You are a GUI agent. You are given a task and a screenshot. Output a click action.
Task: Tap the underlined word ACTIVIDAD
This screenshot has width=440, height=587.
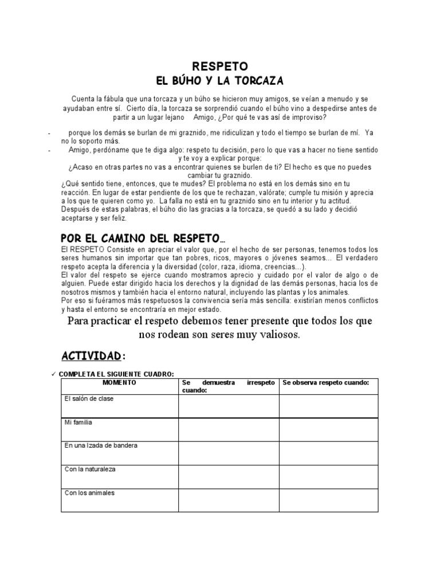[91, 356]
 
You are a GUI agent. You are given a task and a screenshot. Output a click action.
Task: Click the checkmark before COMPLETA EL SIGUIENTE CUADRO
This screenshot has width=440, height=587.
[53, 374]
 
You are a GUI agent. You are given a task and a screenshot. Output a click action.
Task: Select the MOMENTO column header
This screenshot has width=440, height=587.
[120, 382]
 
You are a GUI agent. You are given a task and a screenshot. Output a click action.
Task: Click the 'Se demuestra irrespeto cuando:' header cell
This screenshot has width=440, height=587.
[229, 386]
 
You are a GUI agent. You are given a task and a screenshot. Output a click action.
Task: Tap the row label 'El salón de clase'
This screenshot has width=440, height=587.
[89, 399]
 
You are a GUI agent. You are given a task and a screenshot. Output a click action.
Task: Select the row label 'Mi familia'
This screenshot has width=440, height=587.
[78, 422]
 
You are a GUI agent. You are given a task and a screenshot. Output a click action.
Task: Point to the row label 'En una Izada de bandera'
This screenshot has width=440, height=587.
[101, 445]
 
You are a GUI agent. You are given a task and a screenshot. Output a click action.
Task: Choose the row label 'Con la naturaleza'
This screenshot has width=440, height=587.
[90, 469]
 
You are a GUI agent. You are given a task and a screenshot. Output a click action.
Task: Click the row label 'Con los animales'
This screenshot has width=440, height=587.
[89, 492]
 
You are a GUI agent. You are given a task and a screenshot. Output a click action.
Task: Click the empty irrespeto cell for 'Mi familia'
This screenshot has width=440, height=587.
[229, 430]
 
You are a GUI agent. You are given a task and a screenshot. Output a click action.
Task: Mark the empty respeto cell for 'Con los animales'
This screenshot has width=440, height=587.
[328, 500]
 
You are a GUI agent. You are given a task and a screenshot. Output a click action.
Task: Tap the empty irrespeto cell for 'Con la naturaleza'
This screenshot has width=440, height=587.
[229, 476]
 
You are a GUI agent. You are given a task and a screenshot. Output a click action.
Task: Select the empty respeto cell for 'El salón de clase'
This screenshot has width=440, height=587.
[328, 406]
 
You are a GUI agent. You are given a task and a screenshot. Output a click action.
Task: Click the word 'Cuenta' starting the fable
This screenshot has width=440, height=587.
[83, 99]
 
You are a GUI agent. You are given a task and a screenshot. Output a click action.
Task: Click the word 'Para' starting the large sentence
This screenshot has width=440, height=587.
[79, 321]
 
